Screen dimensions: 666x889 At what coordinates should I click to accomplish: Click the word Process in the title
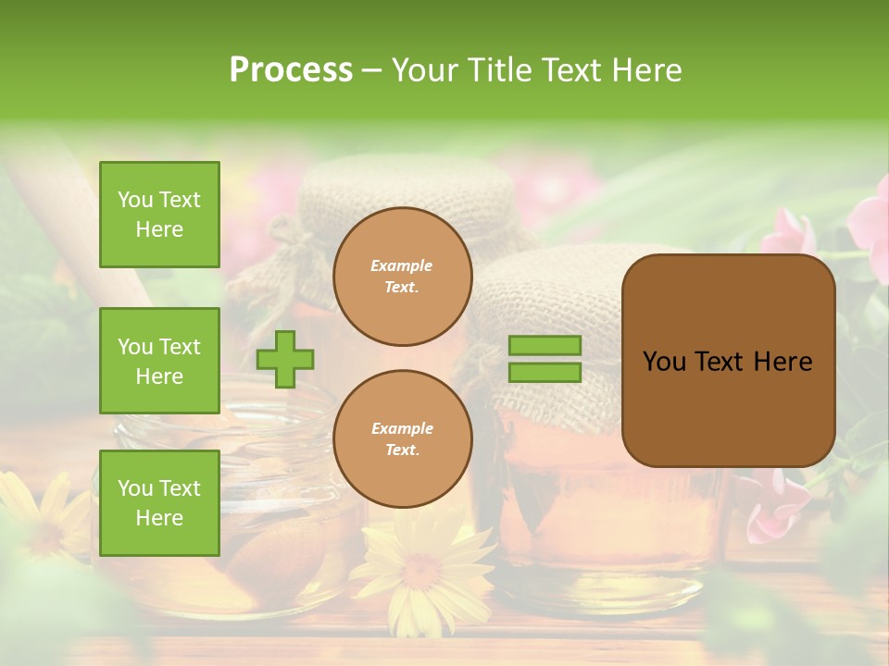click(291, 69)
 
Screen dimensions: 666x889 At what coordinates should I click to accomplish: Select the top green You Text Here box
click(159, 215)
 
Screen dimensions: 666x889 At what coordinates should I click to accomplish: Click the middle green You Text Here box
click(159, 361)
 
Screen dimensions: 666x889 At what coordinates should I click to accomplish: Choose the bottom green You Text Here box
click(159, 502)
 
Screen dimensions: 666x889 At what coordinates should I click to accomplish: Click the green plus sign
click(285, 358)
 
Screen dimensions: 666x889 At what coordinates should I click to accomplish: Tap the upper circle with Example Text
click(403, 277)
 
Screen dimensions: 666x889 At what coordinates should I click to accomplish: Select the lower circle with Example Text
click(403, 439)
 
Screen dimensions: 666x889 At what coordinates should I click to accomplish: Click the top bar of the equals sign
click(545, 345)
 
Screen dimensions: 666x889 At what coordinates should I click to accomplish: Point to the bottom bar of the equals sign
click(545, 372)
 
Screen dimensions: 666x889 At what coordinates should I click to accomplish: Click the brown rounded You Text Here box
click(728, 361)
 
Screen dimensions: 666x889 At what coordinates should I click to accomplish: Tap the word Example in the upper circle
click(402, 265)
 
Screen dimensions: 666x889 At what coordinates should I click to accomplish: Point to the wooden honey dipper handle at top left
click(83, 213)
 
